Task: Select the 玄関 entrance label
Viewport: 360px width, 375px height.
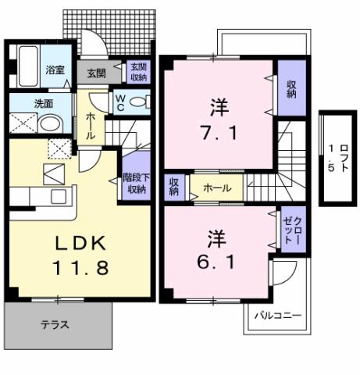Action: coord(96,73)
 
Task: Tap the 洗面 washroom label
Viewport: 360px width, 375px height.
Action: coord(22,102)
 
